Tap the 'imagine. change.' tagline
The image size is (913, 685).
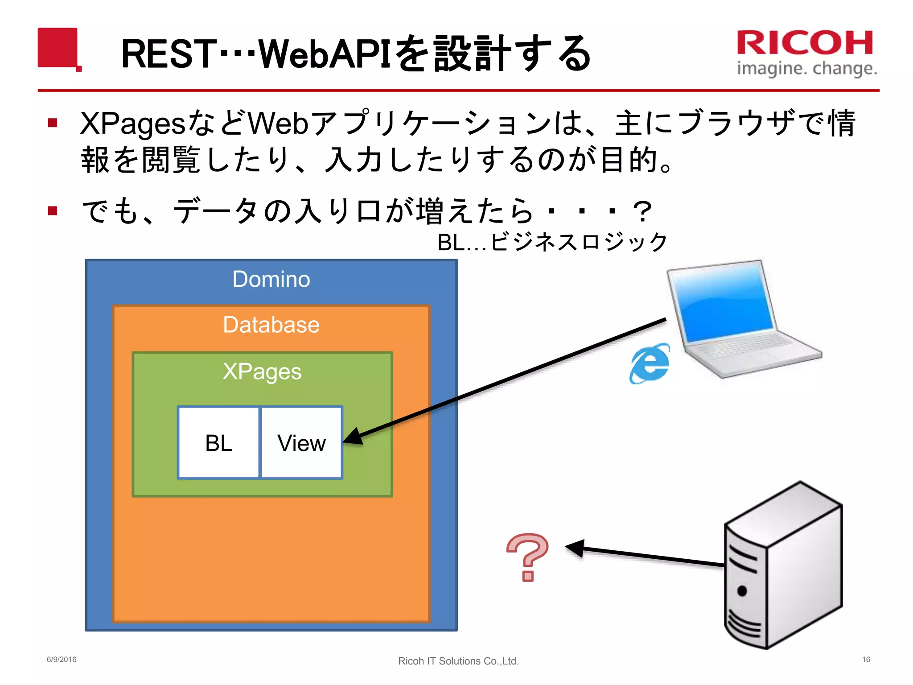pos(807,68)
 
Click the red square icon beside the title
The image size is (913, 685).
pos(58,48)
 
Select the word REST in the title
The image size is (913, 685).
pos(169,54)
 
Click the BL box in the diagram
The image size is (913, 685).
pos(218,443)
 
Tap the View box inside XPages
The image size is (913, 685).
pos(301,443)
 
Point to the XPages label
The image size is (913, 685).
pos(262,371)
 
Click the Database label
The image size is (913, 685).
pos(271,324)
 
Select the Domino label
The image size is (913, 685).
pos(271,279)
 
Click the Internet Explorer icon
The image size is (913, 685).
pos(650,363)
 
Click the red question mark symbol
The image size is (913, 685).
pos(528,557)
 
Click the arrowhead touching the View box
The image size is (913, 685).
pos(354,437)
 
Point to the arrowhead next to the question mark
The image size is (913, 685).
pos(576,548)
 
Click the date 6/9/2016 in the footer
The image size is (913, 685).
pos(62,660)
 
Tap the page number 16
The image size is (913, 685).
pos(866,660)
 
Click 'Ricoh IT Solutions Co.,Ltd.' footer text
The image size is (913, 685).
pos(458,661)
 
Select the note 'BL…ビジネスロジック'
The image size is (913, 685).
pos(552,243)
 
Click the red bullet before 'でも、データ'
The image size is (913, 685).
pos(53,210)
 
